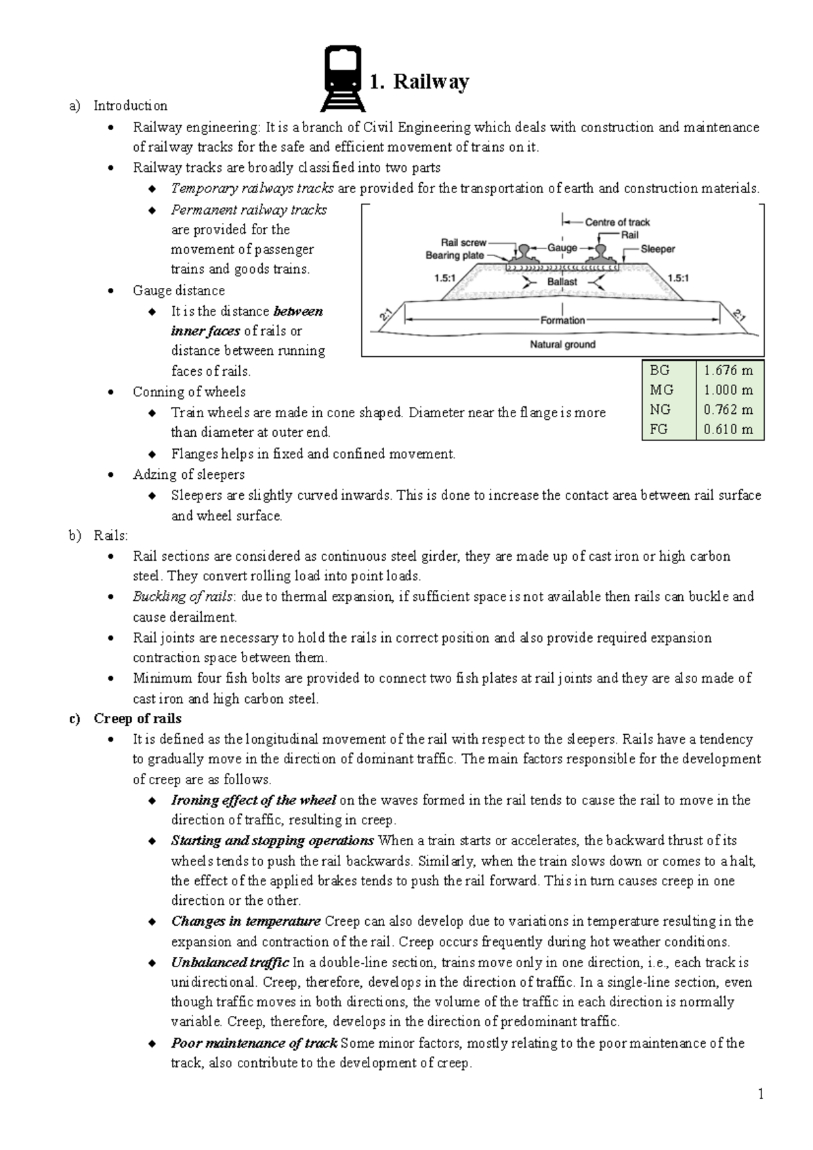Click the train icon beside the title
coord(343,79)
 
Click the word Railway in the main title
coord(431,82)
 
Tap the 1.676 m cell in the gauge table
coord(728,370)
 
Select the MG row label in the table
coord(661,390)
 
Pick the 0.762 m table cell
coord(728,410)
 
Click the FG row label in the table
coord(659,429)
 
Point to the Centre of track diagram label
coord(617,222)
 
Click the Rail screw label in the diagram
coord(463,242)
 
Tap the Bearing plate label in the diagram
coord(455,255)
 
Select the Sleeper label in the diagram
coord(658,249)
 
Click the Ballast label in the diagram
coord(562,282)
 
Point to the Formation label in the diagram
coord(562,320)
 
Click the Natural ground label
coord(562,344)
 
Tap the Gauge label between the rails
coord(562,248)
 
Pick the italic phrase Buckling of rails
coord(183,597)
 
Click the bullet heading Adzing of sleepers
coord(188,474)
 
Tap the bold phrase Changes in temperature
coord(245,921)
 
